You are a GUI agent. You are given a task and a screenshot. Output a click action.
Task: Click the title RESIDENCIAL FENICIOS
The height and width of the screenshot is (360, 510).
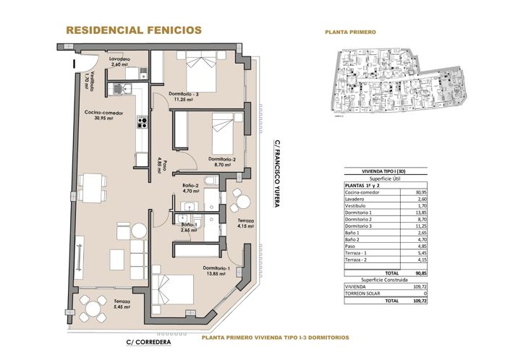point(133,30)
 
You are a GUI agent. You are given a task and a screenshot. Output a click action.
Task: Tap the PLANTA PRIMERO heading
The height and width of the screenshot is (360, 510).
point(349,32)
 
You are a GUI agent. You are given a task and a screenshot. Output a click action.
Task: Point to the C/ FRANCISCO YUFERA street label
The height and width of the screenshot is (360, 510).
point(276,174)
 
